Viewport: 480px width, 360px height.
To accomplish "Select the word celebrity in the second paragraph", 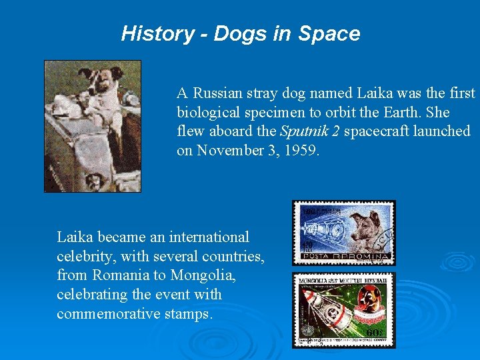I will click(85, 256).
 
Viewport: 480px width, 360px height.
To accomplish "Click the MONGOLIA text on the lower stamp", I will click(316, 279).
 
